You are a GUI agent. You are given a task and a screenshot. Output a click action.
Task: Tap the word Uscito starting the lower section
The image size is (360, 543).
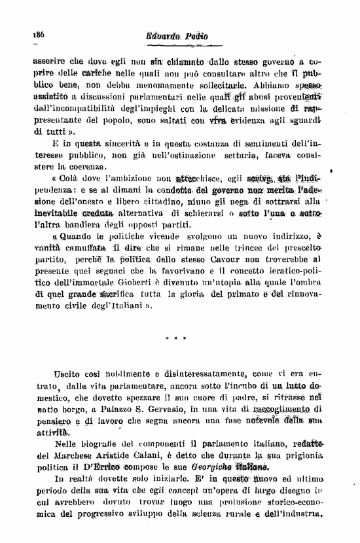(x=67, y=374)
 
